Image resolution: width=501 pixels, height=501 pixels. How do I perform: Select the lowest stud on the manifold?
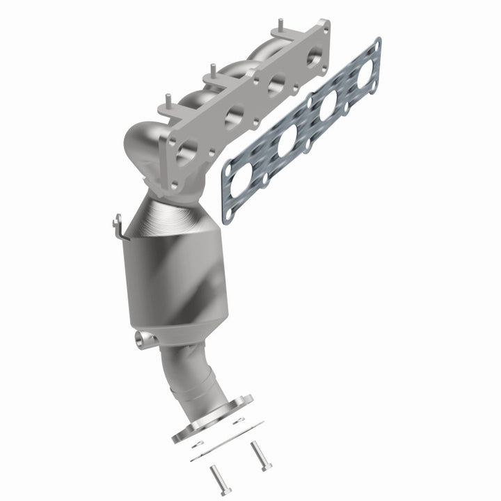coord(166,101)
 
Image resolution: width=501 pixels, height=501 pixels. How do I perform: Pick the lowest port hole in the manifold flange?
coord(185,151)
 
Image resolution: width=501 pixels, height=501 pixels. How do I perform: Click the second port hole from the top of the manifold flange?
coord(276,85)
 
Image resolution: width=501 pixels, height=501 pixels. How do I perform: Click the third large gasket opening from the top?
coord(287,143)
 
